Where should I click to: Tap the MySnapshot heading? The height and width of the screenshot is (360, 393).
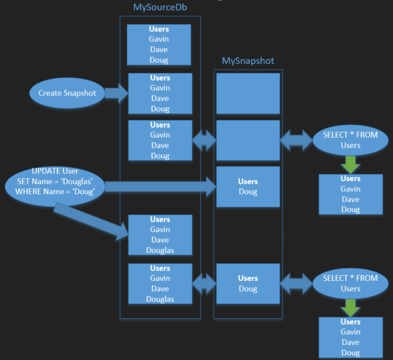click(248, 61)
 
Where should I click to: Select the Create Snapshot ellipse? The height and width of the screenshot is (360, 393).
click(67, 93)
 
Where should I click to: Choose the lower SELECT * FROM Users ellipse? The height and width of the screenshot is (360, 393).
click(350, 284)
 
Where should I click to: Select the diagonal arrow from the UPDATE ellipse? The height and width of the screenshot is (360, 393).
click(92, 219)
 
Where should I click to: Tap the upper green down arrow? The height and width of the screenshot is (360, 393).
click(350, 163)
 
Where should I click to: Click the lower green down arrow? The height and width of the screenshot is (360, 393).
click(350, 307)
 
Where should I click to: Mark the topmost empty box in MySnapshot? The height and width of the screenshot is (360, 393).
click(248, 93)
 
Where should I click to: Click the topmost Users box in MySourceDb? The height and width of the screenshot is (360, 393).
click(159, 45)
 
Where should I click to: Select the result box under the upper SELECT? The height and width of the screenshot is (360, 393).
click(350, 194)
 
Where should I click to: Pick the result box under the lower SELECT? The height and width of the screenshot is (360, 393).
click(350, 337)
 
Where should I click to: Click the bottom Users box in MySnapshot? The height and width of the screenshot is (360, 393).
click(248, 284)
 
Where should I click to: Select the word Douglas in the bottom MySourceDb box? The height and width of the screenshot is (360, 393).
click(160, 299)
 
